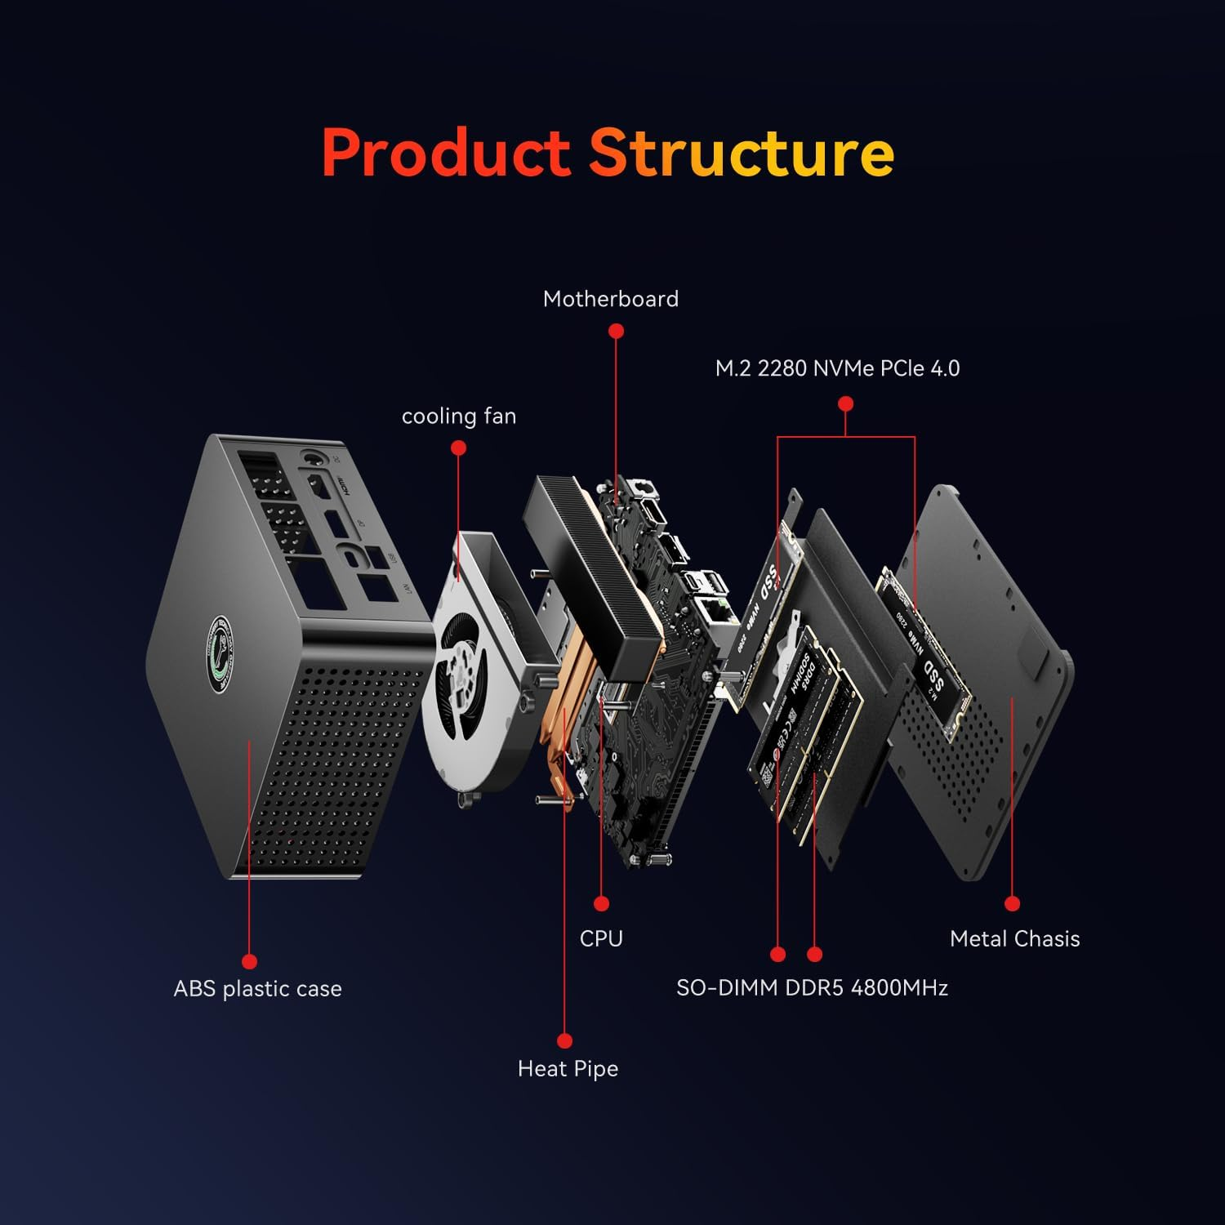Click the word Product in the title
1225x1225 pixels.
pyautogui.click(x=445, y=153)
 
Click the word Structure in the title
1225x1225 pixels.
pyautogui.click(x=742, y=153)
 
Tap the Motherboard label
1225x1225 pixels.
pyautogui.click(x=611, y=299)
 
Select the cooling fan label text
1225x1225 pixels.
pyautogui.click(x=459, y=416)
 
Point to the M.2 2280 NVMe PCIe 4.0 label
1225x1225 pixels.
pyautogui.click(x=837, y=368)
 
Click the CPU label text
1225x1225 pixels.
pyautogui.click(x=601, y=938)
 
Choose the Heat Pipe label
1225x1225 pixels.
pyautogui.click(x=568, y=1068)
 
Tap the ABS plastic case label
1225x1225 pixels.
pyautogui.click(x=257, y=989)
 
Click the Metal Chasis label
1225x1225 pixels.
pyautogui.click(x=1014, y=939)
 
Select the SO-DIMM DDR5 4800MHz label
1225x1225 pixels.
pyautogui.click(x=812, y=988)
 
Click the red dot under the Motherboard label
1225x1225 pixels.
pyautogui.click(x=617, y=331)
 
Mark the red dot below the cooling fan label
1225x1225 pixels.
pyautogui.click(x=458, y=448)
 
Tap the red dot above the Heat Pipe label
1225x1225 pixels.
pyautogui.click(x=564, y=1040)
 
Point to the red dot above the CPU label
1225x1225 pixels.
pyautogui.click(x=602, y=903)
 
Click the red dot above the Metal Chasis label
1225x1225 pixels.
pyautogui.click(x=1013, y=903)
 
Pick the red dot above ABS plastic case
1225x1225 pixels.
pyautogui.click(x=250, y=962)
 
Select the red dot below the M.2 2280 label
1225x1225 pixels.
pyautogui.click(x=846, y=403)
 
